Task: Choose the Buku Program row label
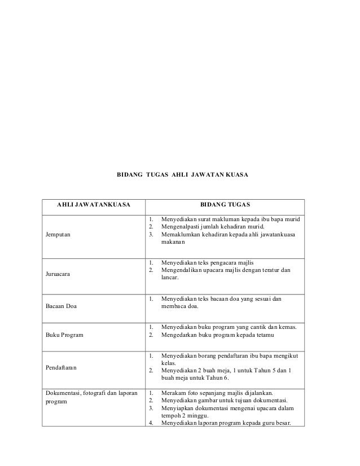[x=64, y=335]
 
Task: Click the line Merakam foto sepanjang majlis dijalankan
[x=218, y=393]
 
